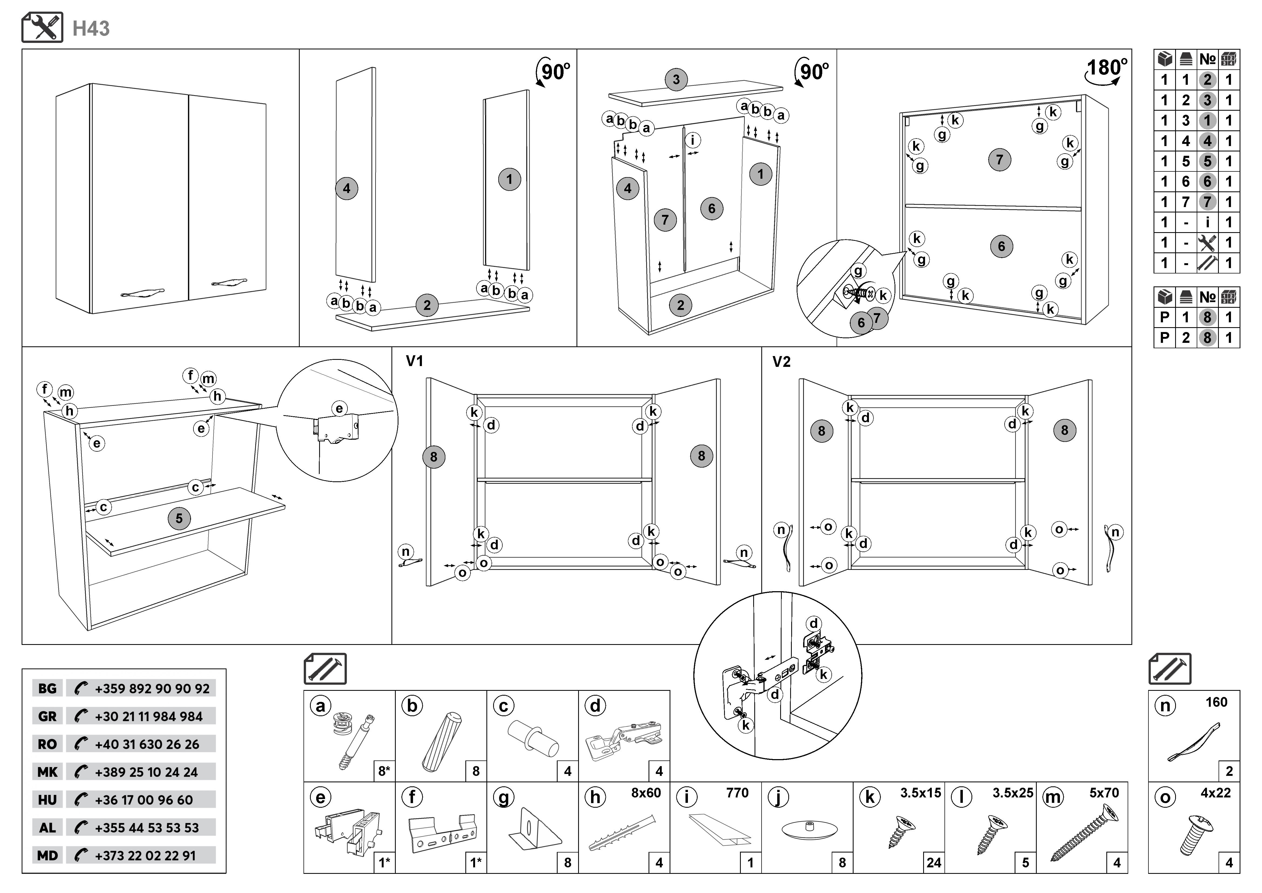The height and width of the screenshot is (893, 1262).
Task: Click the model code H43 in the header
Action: pyautogui.click(x=91, y=29)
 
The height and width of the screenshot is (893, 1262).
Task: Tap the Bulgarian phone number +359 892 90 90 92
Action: pyautogui.click(x=152, y=688)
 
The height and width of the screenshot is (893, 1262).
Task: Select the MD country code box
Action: pyautogui.click(x=47, y=855)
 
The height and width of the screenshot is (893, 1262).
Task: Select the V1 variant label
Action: pyautogui.click(x=414, y=361)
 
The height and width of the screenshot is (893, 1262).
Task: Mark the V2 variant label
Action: pyautogui.click(x=781, y=362)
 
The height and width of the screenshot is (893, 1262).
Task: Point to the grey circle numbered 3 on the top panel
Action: pyautogui.click(x=676, y=79)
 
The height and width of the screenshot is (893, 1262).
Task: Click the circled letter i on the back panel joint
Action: pyautogui.click(x=693, y=140)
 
